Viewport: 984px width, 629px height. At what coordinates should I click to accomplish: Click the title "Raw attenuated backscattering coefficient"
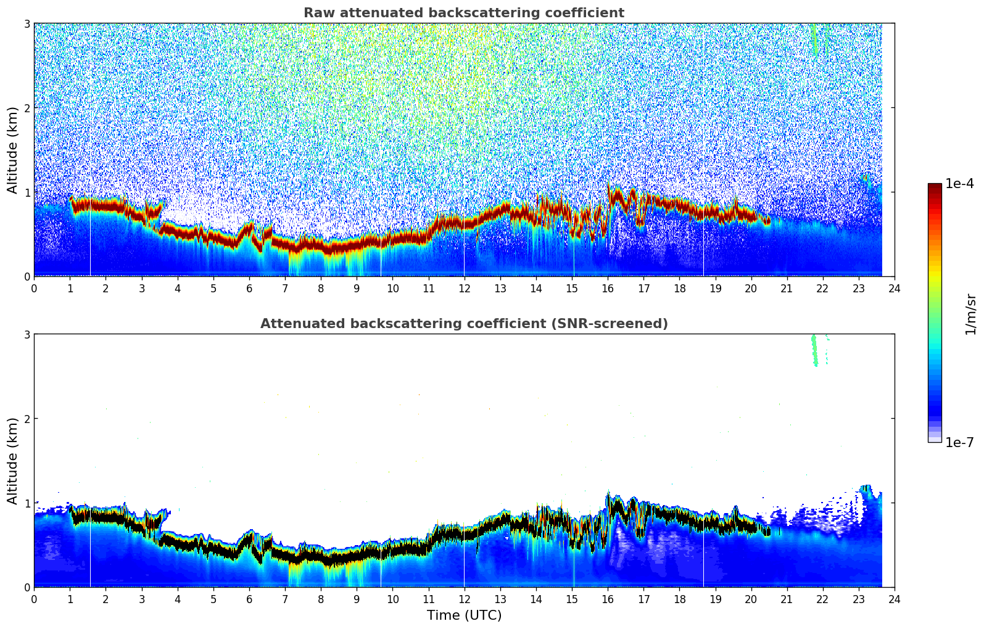463,13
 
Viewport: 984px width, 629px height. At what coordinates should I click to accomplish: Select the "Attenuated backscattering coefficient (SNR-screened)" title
463,324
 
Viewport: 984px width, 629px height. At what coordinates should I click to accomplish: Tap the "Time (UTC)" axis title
464,615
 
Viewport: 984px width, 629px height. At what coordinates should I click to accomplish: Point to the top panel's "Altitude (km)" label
12,150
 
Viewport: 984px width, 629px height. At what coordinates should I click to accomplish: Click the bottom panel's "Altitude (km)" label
12,461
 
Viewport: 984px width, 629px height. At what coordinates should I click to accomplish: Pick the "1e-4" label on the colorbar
959,184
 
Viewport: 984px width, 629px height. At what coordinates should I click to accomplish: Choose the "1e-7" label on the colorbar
959,442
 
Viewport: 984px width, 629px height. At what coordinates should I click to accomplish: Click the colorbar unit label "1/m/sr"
970,314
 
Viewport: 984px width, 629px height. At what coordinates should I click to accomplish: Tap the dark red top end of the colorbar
935,187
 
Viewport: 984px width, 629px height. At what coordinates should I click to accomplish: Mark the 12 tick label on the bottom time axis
464,599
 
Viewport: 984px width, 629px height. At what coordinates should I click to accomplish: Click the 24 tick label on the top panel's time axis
894,288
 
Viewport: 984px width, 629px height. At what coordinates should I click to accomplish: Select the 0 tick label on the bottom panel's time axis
34,599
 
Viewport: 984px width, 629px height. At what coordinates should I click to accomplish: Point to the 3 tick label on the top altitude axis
27,23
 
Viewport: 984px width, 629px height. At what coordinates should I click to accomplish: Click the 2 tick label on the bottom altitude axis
27,419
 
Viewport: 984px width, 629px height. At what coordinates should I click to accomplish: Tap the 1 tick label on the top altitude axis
27,192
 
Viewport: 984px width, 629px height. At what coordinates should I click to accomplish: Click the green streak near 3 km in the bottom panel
814,350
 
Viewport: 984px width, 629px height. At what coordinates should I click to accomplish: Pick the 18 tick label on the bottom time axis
679,599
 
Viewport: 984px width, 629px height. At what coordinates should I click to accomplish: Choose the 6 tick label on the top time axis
249,288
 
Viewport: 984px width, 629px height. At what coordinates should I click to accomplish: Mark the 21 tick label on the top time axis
787,288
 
